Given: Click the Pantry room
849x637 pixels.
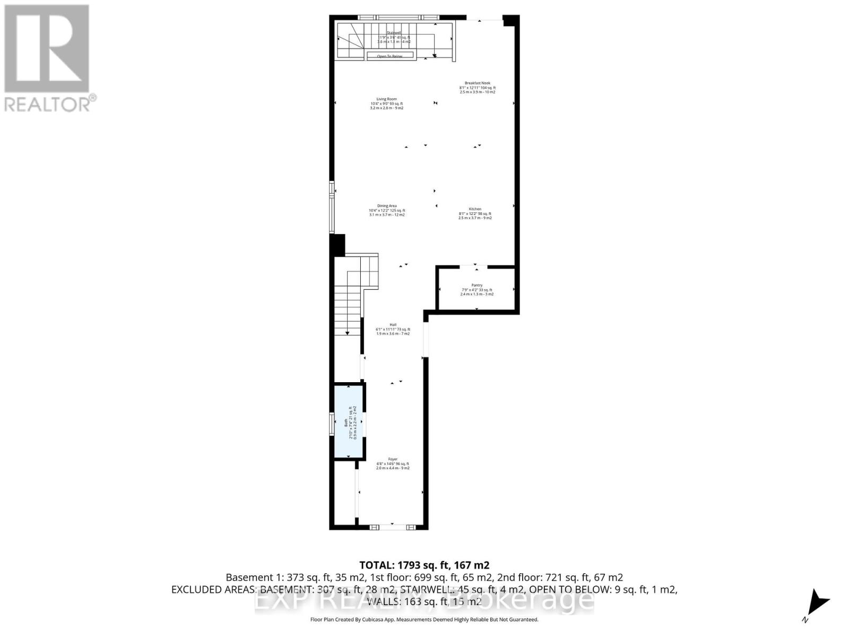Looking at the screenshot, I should click(x=476, y=289).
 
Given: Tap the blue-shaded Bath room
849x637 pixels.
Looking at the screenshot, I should click(x=349, y=422).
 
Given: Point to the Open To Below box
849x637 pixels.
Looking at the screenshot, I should click(x=390, y=56).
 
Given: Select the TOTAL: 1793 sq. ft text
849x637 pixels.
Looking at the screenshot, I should click(x=424, y=565).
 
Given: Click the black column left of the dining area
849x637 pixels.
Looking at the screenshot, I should click(x=337, y=245).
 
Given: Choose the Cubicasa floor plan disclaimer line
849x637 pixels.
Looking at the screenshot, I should click(x=424, y=619).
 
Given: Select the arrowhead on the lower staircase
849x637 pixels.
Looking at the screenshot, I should click(x=348, y=332).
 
